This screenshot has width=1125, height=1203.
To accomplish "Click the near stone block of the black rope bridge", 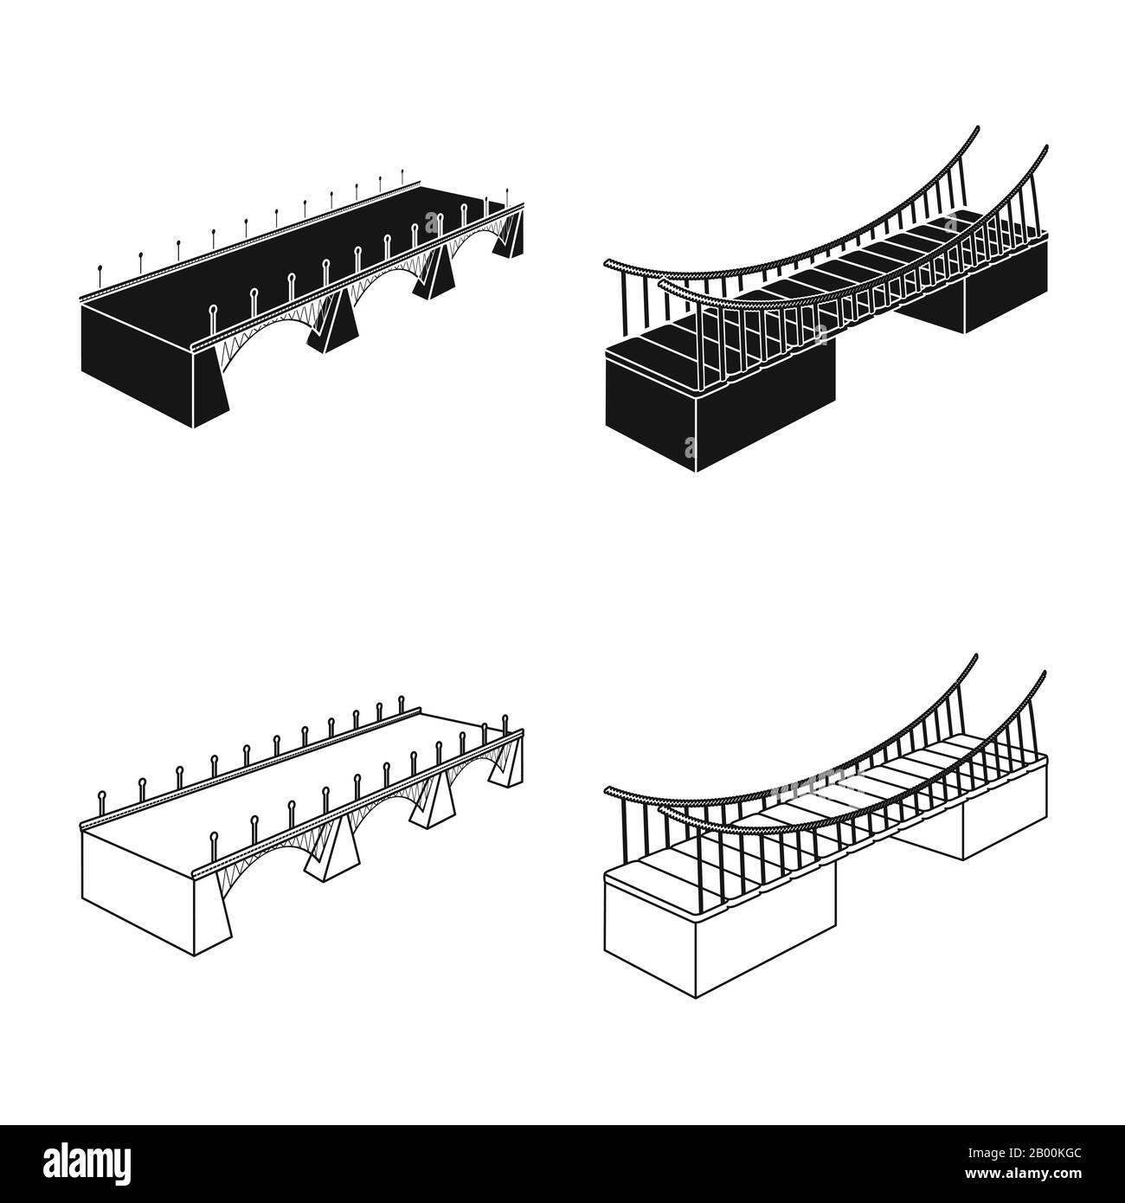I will (718, 402).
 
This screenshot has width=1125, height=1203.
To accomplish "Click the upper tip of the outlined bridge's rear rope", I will (976, 655).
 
